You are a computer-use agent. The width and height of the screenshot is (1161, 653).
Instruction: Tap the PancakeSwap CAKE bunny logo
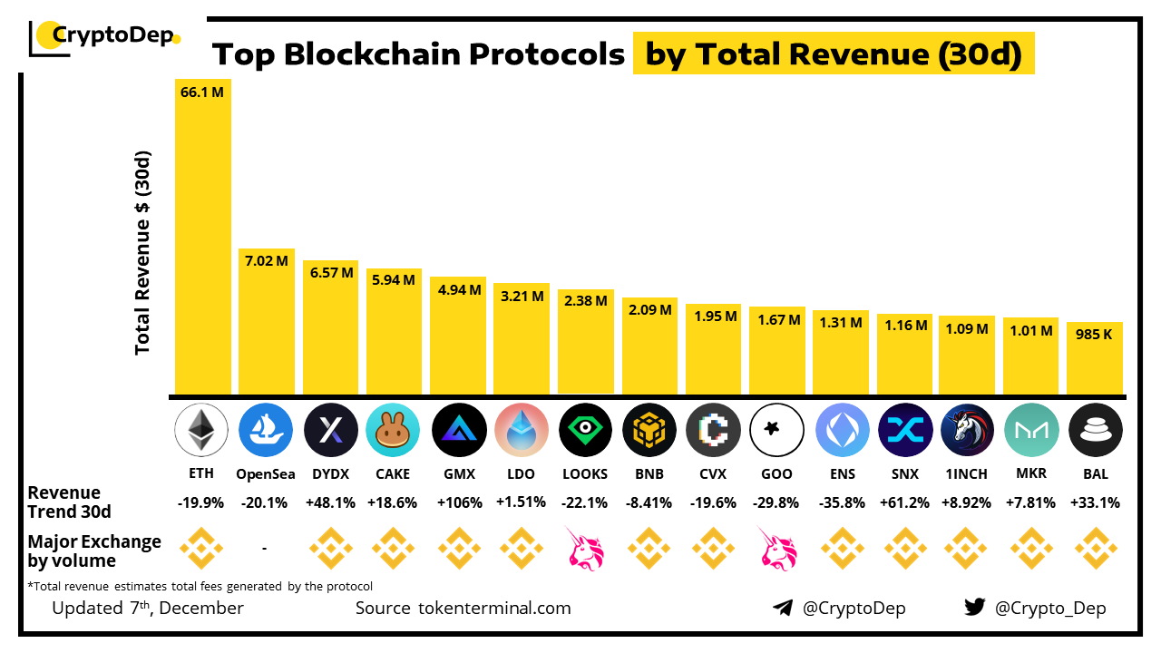pyautogui.click(x=393, y=430)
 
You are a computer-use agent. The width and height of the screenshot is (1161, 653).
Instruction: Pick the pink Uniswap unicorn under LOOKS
pyautogui.click(x=584, y=549)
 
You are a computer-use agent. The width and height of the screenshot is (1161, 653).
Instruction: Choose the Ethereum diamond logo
pyautogui.click(x=201, y=430)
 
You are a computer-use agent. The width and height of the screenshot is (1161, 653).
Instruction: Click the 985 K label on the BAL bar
pyautogui.click(x=1094, y=334)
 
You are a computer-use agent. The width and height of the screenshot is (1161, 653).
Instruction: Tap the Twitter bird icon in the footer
pyautogui.click(x=974, y=608)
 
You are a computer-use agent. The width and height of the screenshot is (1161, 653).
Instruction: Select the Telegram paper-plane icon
pyautogui.click(x=782, y=608)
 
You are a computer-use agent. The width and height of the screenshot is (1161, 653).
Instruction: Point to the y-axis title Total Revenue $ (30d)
pyautogui.click(x=142, y=252)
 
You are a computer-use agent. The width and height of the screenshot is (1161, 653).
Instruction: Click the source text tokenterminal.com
pyautogui.click(x=494, y=608)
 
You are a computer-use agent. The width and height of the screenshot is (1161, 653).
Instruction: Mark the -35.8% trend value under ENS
pyautogui.click(x=841, y=502)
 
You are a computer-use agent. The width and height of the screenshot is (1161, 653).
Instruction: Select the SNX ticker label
pyautogui.click(x=905, y=473)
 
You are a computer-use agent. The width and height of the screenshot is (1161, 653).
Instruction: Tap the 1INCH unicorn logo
pyautogui.click(x=968, y=430)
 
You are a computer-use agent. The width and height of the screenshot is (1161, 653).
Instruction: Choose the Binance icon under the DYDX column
pyautogui.click(x=329, y=549)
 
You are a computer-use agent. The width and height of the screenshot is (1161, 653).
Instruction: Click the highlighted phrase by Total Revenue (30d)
pyautogui.click(x=834, y=55)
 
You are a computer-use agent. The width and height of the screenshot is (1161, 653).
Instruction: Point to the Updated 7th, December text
pyautogui.click(x=148, y=608)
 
